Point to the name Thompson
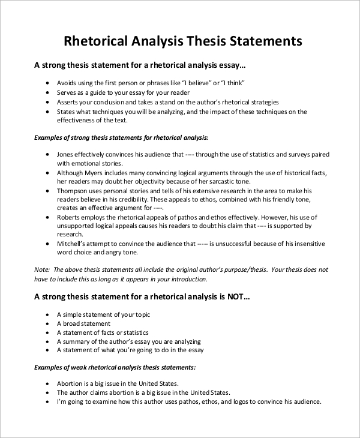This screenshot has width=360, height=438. pyautogui.click(x=73, y=191)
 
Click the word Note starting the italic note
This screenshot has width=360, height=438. pyautogui.click(x=41, y=270)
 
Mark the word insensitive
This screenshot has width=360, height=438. pyautogui.click(x=307, y=244)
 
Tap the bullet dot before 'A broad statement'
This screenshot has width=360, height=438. pyautogui.click(x=48, y=323)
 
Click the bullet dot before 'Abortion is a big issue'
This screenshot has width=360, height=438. pyautogui.click(x=48, y=383)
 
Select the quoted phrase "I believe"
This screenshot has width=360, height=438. pyautogui.click(x=196, y=83)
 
